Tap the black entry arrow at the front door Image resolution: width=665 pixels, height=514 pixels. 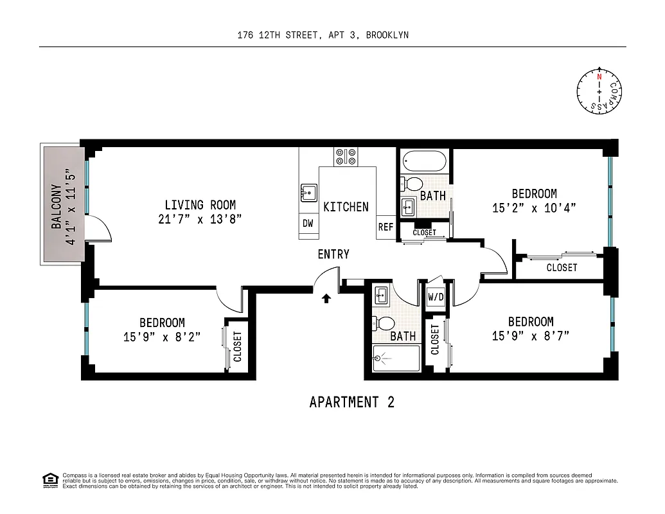coord(326,297)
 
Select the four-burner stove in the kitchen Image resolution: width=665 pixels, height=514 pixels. coord(346,157)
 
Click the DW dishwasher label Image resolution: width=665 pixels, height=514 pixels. coord(308,224)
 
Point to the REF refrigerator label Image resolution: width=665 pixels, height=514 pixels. coord(386,227)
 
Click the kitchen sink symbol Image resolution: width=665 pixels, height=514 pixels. coord(308,192)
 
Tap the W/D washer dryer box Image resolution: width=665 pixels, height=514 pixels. coord(436,297)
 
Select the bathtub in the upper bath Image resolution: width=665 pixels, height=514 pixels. coord(424,161)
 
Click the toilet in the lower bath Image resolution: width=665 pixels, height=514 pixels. coord(386,323)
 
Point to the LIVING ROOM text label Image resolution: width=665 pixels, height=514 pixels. coord(200,206)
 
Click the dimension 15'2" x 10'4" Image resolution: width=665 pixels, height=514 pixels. coord(534,208)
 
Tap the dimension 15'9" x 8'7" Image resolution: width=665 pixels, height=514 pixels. coord(530,335)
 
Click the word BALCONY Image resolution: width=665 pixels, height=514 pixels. coord(57,207)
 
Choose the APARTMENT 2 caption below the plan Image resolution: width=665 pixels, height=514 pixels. coord(351,402)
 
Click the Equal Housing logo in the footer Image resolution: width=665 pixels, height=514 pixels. coord(49,480)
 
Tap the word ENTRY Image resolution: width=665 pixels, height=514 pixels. coord(333,254)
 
